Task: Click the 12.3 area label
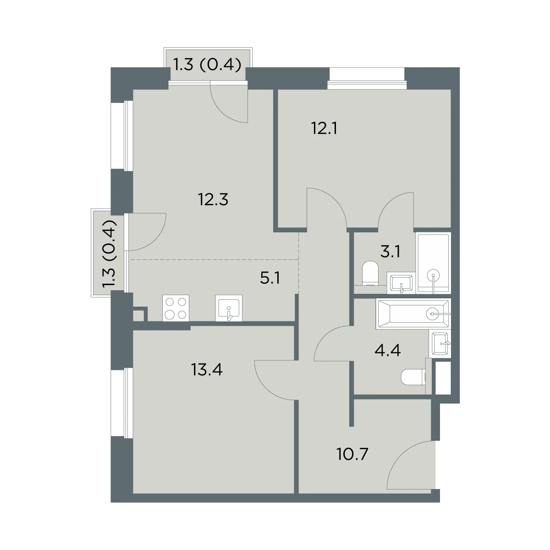click(x=213, y=200)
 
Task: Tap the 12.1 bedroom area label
click(x=324, y=128)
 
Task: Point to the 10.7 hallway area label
click(x=352, y=462)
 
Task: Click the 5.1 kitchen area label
click(x=270, y=278)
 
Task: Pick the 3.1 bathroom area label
click(x=390, y=252)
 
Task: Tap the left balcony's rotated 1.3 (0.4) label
click(x=110, y=254)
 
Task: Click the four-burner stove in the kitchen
click(x=176, y=308)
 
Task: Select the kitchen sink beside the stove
click(x=229, y=308)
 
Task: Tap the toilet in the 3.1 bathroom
click(x=370, y=274)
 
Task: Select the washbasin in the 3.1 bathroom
click(x=401, y=283)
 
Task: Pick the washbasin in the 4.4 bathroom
click(x=440, y=344)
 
